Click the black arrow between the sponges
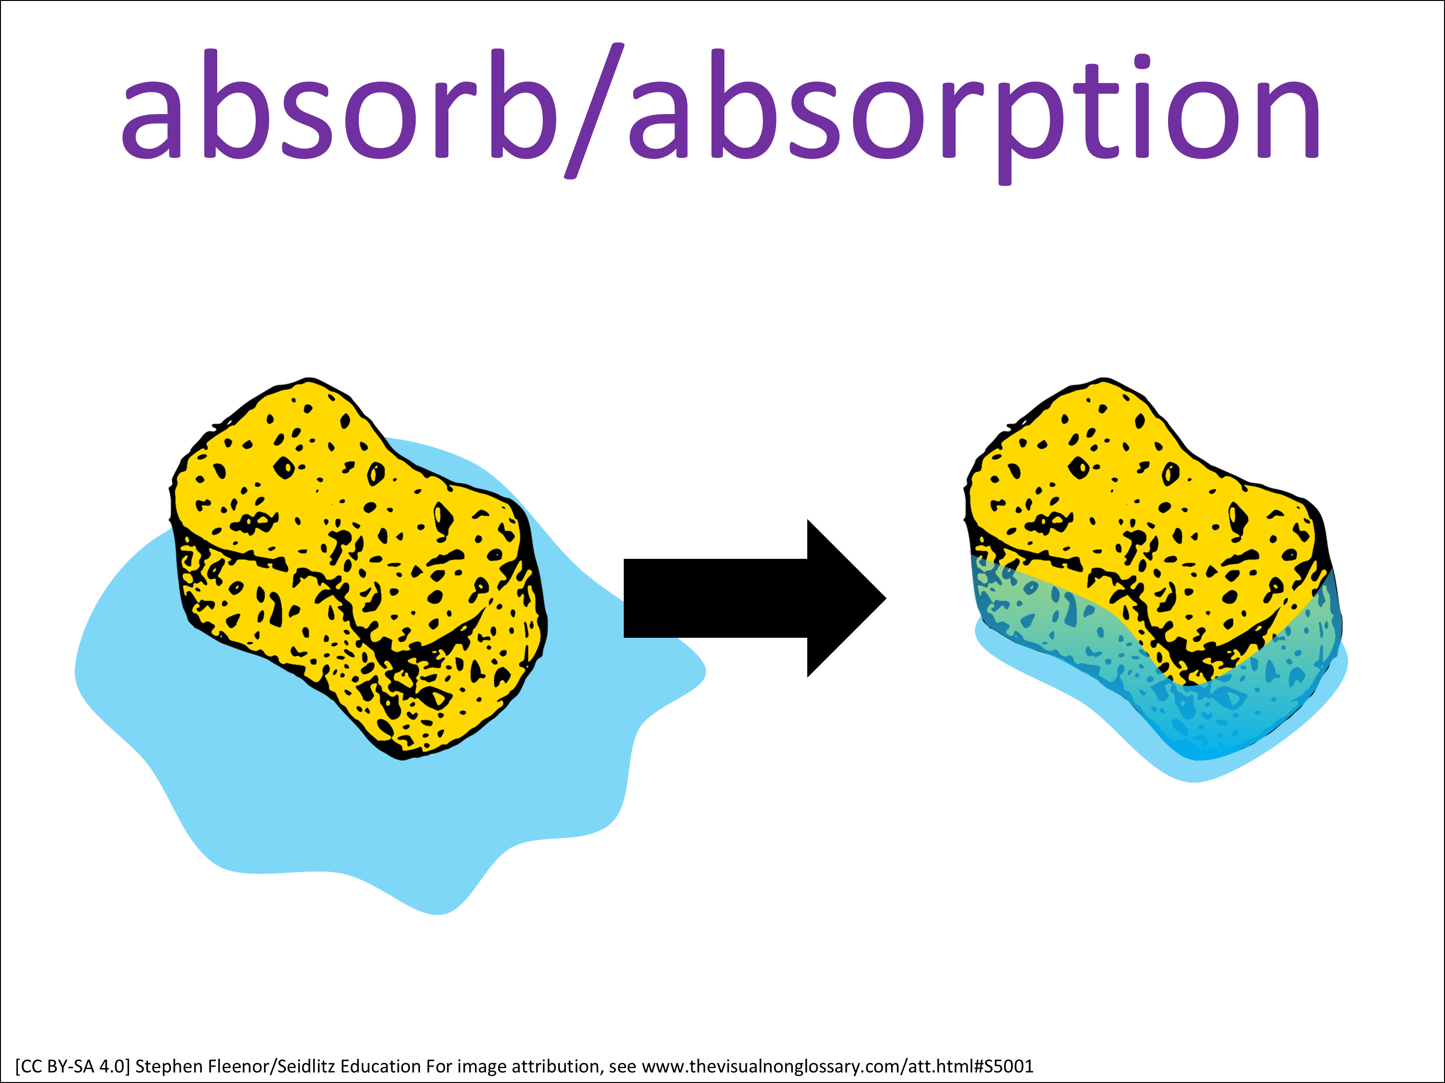[754, 598]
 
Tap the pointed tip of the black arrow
[886, 598]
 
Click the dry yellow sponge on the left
[359, 568]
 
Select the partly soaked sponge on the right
[1153, 568]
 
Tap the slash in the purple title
[594, 111]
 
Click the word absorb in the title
[340, 104]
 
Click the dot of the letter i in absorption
[1142, 62]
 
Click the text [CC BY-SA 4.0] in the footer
[73, 1067]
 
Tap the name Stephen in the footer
[169, 1067]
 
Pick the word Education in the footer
[381, 1067]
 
